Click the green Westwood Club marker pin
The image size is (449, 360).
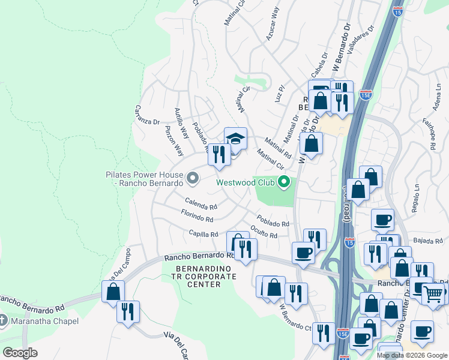(x=286, y=181)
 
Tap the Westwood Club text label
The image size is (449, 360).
(x=245, y=182)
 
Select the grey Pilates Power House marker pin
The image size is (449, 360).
(x=193, y=178)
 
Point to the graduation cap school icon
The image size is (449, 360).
(x=235, y=139)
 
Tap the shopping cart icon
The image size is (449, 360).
(x=433, y=293)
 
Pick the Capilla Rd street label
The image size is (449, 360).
(x=203, y=234)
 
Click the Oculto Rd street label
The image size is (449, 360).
(x=264, y=232)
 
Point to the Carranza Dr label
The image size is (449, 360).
(x=147, y=115)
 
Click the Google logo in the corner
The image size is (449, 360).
(x=20, y=352)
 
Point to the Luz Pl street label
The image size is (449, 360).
(x=279, y=94)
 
